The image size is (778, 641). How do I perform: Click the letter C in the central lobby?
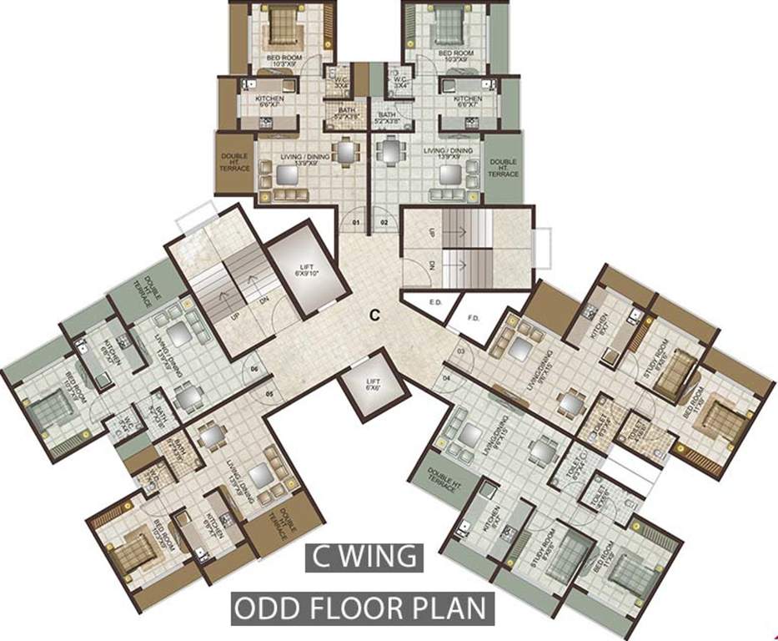(375, 315)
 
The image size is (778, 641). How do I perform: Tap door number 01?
(356, 224)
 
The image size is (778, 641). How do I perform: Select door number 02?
(384, 224)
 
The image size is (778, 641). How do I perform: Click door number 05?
(269, 393)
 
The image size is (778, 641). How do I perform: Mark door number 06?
(253, 367)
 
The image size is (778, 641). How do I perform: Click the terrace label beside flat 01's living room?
(235, 162)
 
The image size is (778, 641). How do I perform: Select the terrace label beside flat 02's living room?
(503, 168)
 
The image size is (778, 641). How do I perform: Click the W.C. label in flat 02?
(402, 82)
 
